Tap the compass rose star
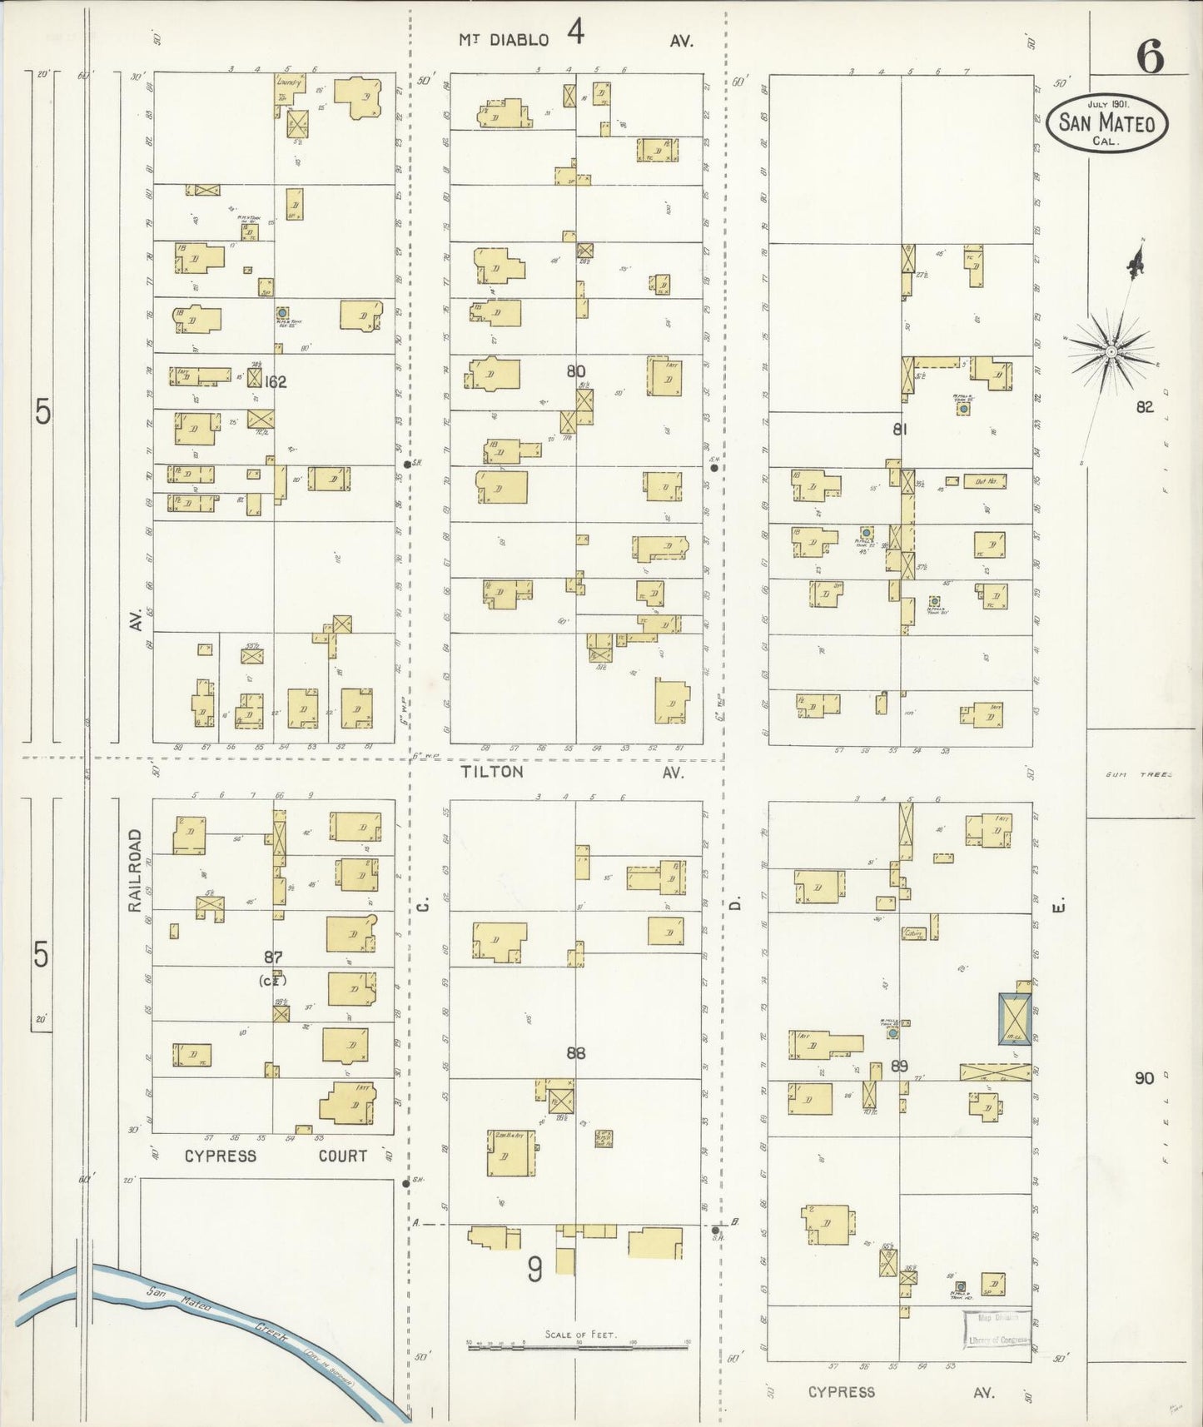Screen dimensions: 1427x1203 [1111, 352]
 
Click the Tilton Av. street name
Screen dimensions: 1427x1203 [574, 773]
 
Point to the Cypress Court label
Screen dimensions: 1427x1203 [275, 1156]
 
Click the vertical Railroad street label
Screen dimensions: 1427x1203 [136, 870]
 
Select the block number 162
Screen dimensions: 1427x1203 [275, 382]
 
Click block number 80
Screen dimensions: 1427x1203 [575, 371]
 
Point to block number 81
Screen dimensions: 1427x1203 [899, 430]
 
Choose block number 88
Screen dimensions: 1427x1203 [575, 1053]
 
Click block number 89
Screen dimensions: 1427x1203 [898, 1066]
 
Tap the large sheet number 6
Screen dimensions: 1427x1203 [1150, 57]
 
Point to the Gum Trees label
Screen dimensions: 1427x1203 [1137, 774]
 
